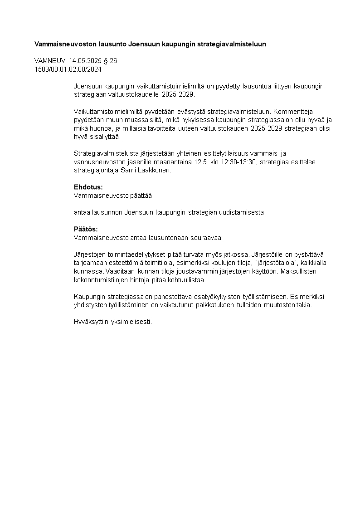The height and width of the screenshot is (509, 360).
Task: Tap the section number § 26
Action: pos(110,60)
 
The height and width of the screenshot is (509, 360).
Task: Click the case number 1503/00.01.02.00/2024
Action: pos(68,69)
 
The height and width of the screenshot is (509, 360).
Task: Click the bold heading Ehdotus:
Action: pos(88,187)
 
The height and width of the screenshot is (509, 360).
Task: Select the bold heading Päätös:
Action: pos(86,229)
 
